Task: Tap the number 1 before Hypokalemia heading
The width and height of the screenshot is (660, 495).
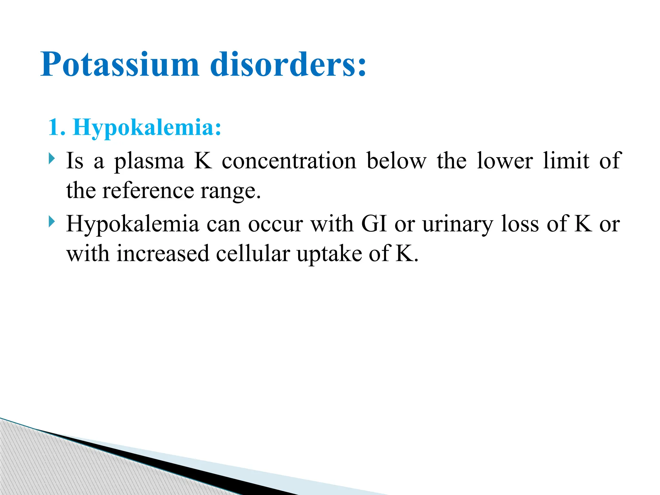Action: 53,127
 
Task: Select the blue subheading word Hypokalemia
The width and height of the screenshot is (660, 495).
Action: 147,128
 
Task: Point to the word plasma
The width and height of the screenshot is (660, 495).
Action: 149,161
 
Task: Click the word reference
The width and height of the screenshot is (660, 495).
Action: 148,191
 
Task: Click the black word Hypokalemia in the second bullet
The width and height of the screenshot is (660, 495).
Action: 132,224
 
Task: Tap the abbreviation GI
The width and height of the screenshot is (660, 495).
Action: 374,224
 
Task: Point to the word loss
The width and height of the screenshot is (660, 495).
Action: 520,224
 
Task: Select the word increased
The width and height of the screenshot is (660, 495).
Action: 163,254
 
